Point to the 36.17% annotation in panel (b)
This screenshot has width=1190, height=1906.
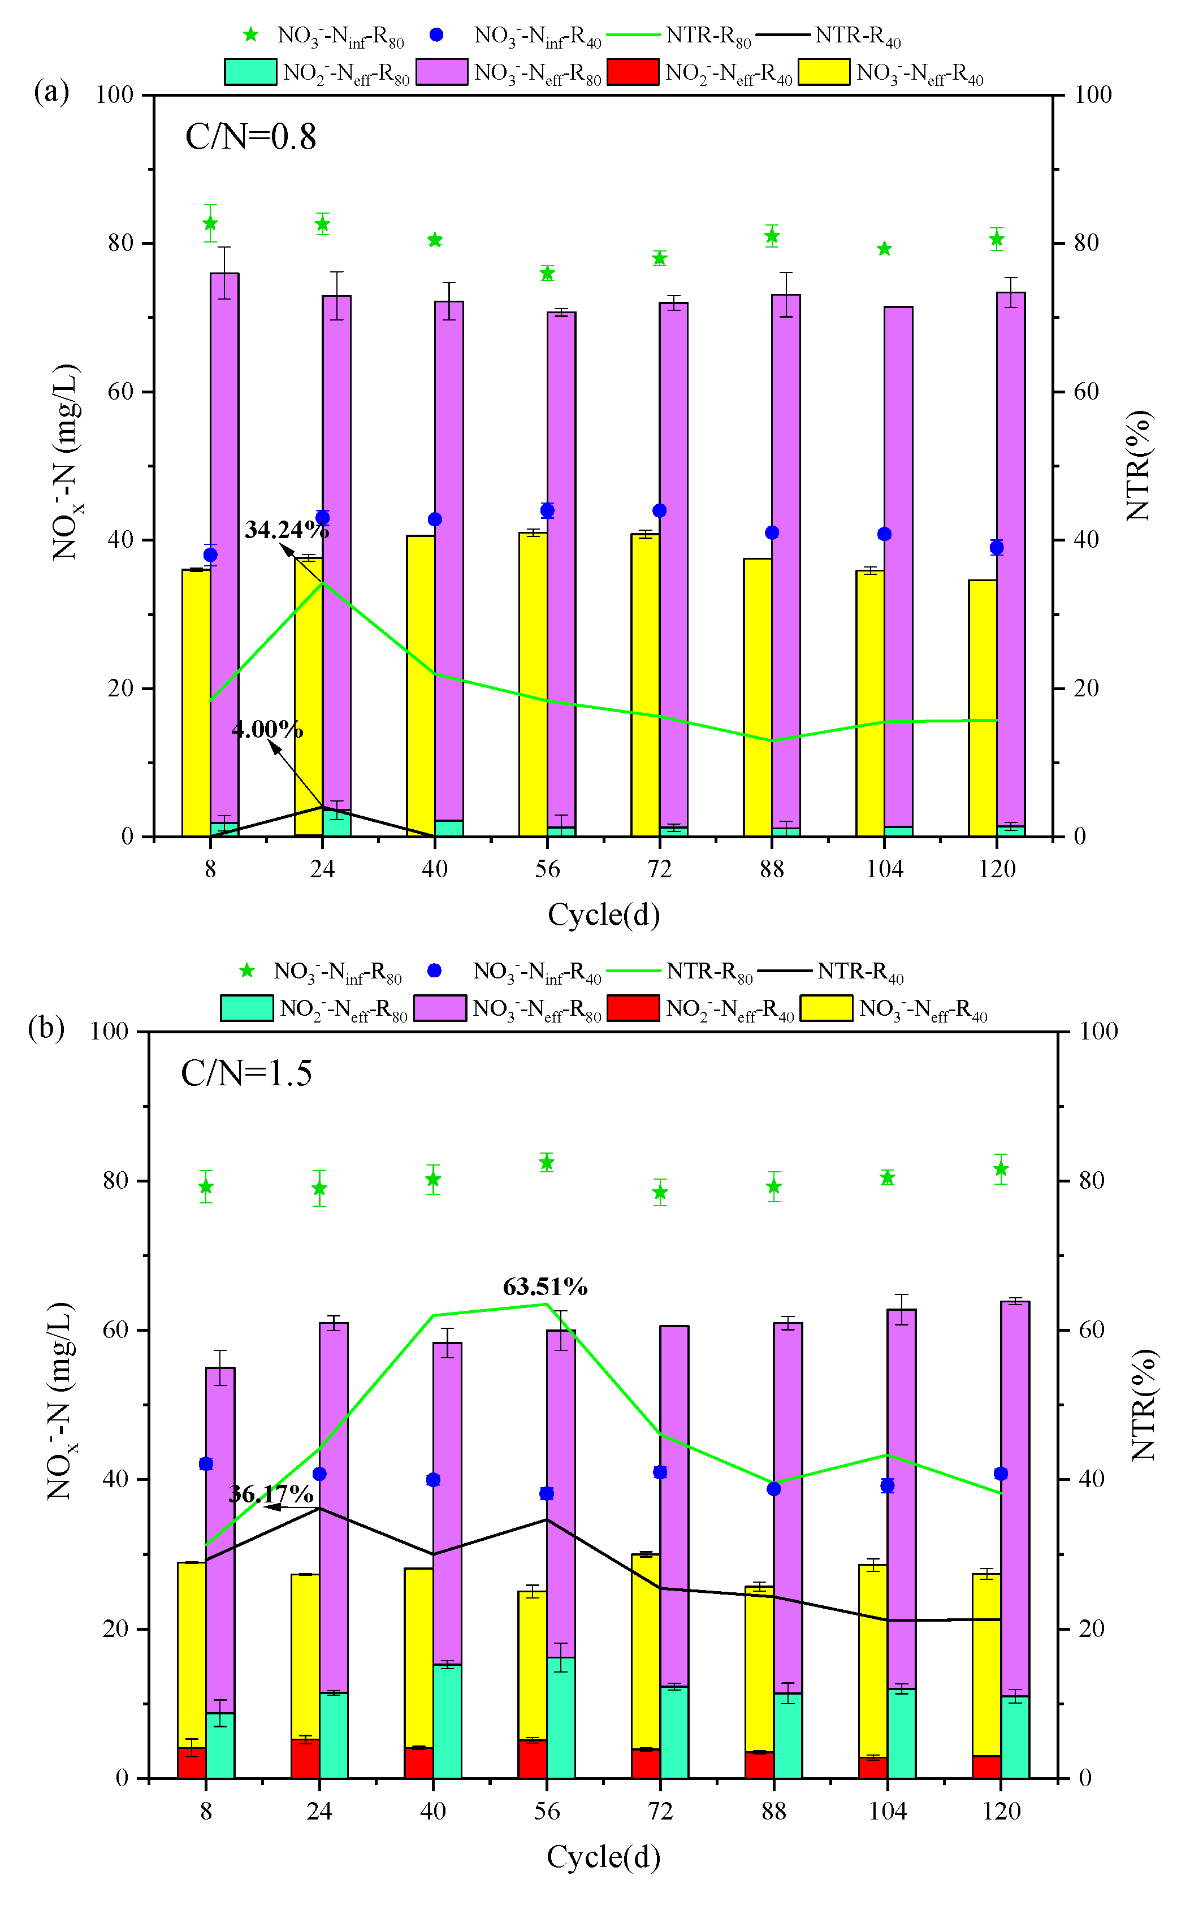pyautogui.click(x=271, y=1493)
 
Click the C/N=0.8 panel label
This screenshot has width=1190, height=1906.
pyautogui.click(x=250, y=137)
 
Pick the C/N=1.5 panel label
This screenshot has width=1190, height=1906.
pyautogui.click(x=246, y=1073)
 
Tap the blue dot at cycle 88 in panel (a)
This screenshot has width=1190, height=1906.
pyautogui.click(x=772, y=533)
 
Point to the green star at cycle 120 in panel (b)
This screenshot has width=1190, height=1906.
pyautogui.click(x=1000, y=1169)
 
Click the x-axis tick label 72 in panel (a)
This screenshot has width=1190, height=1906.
pyautogui.click(x=660, y=869)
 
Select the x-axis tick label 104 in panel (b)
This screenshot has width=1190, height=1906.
pyautogui.click(x=887, y=1811)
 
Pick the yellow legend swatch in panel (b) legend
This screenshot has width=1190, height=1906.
pyautogui.click(x=826, y=1008)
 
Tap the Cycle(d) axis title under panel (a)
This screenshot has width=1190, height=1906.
pyautogui.click(x=604, y=915)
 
